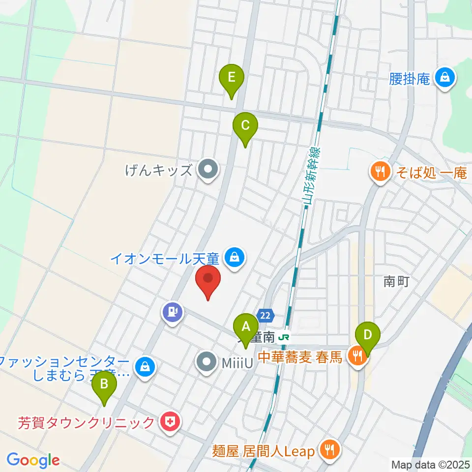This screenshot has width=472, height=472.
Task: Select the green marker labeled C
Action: (245, 126)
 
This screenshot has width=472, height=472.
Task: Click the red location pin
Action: (208, 280)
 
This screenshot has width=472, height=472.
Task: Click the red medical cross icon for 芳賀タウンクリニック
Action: (170, 421)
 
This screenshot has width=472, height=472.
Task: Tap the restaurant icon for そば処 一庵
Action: (380, 172)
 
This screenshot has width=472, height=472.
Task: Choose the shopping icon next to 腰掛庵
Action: (445, 78)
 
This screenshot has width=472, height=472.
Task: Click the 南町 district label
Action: (396, 282)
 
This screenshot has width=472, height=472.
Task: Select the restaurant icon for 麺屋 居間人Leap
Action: (327, 450)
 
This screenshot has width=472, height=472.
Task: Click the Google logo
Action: (33, 460)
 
